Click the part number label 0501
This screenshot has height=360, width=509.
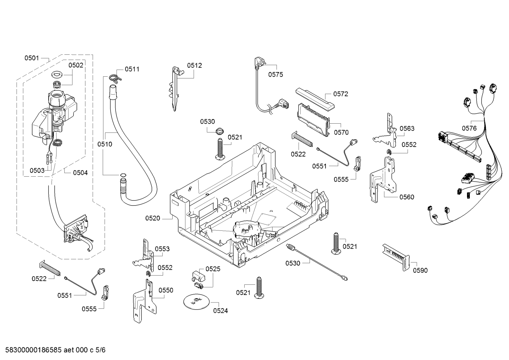[32, 58]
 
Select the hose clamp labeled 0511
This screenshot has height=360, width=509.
[115, 77]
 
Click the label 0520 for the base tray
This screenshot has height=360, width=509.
[153, 218]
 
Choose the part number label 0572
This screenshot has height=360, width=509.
[341, 94]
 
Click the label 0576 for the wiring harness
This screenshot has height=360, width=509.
[469, 129]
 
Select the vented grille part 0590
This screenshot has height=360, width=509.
[396, 257]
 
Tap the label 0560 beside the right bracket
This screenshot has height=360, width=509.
[407, 197]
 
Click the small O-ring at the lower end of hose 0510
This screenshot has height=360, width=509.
[123, 175]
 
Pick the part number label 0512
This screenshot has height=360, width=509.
[194, 65]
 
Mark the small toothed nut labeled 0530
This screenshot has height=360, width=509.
[219, 131]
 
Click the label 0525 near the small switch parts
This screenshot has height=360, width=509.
[213, 269]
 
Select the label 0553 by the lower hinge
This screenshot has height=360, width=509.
[162, 249]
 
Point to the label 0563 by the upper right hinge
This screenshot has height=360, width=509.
[407, 129]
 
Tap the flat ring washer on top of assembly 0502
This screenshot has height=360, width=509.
[57, 74]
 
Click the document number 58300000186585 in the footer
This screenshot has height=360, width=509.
[34, 350]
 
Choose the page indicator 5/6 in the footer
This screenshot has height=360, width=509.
[101, 350]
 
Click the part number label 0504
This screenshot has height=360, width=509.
[80, 173]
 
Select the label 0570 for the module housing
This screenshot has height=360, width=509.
[341, 132]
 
